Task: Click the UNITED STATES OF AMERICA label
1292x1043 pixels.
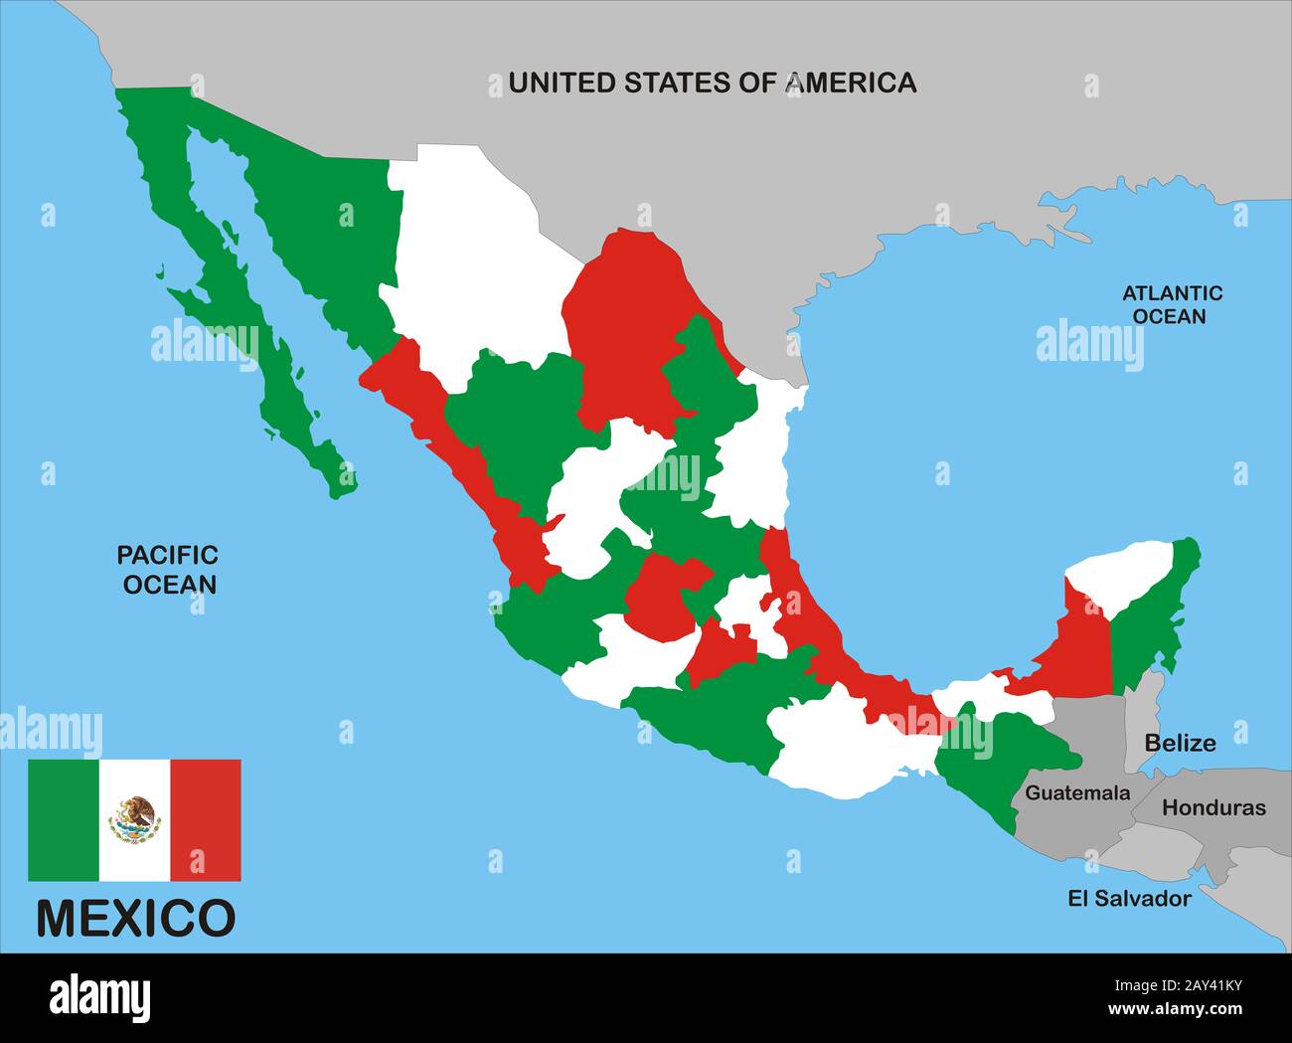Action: [712, 83]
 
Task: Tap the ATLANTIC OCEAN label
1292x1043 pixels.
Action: [1172, 304]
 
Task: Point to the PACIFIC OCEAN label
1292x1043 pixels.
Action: [169, 569]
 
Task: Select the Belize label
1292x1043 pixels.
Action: [1180, 742]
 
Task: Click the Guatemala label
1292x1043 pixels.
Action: [1077, 792]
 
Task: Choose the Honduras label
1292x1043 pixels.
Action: [1213, 807]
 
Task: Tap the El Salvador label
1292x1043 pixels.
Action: [1129, 898]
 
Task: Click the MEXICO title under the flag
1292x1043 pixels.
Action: [135, 918]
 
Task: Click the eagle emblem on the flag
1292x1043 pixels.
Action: [135, 819]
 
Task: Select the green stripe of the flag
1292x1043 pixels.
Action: [63, 820]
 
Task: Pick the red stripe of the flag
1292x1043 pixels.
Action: [206, 820]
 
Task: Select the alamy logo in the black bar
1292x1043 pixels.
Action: [100, 997]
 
